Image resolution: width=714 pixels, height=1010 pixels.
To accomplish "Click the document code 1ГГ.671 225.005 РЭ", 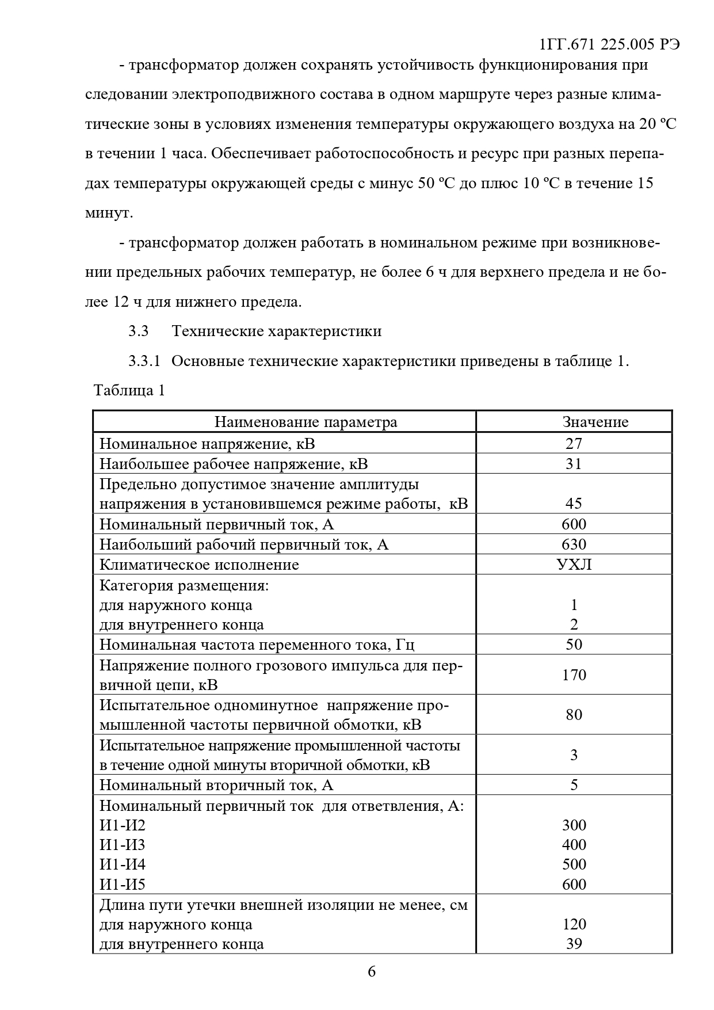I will pyautogui.click(x=610, y=45).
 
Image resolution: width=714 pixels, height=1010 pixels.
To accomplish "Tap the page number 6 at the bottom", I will pyautogui.click(x=372, y=971).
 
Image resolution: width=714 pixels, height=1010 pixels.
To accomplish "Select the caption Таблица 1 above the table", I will pyautogui.click(x=129, y=390).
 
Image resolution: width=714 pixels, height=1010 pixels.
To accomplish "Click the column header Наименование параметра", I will pyautogui.click(x=306, y=422).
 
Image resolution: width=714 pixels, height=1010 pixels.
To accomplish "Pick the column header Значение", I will pyautogui.click(x=595, y=422).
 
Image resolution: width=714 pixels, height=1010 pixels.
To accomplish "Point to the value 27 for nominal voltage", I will pyautogui.click(x=574, y=443).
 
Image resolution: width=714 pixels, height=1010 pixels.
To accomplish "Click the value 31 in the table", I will pyautogui.click(x=574, y=463).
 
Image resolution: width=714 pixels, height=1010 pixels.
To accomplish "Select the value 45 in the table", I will pyautogui.click(x=574, y=504).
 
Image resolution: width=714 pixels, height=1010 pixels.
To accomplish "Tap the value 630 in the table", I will pyautogui.click(x=574, y=544).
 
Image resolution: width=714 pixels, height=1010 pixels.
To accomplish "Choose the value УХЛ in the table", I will pyautogui.click(x=574, y=564).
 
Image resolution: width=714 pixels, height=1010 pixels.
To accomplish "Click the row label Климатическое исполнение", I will pyautogui.click(x=199, y=564).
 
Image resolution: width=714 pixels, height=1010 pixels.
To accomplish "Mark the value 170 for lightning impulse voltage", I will pyautogui.click(x=574, y=674).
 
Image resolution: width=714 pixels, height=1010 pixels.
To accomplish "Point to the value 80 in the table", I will pyautogui.click(x=574, y=715).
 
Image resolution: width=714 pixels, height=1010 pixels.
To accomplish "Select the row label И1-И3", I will pyautogui.click(x=123, y=845).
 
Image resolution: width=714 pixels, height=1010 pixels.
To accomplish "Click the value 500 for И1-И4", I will pyautogui.click(x=574, y=864).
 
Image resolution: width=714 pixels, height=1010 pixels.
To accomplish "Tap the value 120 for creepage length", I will pyautogui.click(x=574, y=924).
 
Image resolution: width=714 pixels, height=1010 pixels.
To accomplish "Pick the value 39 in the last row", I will pyautogui.click(x=574, y=944).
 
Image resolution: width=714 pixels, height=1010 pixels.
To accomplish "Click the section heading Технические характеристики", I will pyautogui.click(x=276, y=331).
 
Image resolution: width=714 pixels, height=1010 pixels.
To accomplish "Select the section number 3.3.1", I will pyautogui.click(x=144, y=361).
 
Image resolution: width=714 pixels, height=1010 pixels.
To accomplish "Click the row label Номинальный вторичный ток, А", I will pyautogui.click(x=216, y=785).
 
